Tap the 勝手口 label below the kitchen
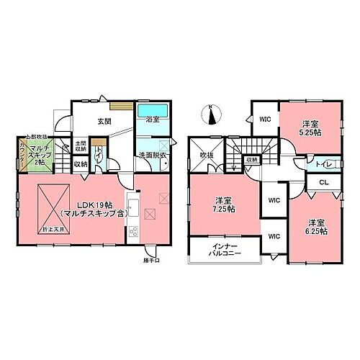pos(151,260)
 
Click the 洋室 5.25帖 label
pos(311,127)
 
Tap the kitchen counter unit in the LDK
pos(133,217)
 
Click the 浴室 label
pos(153,119)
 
